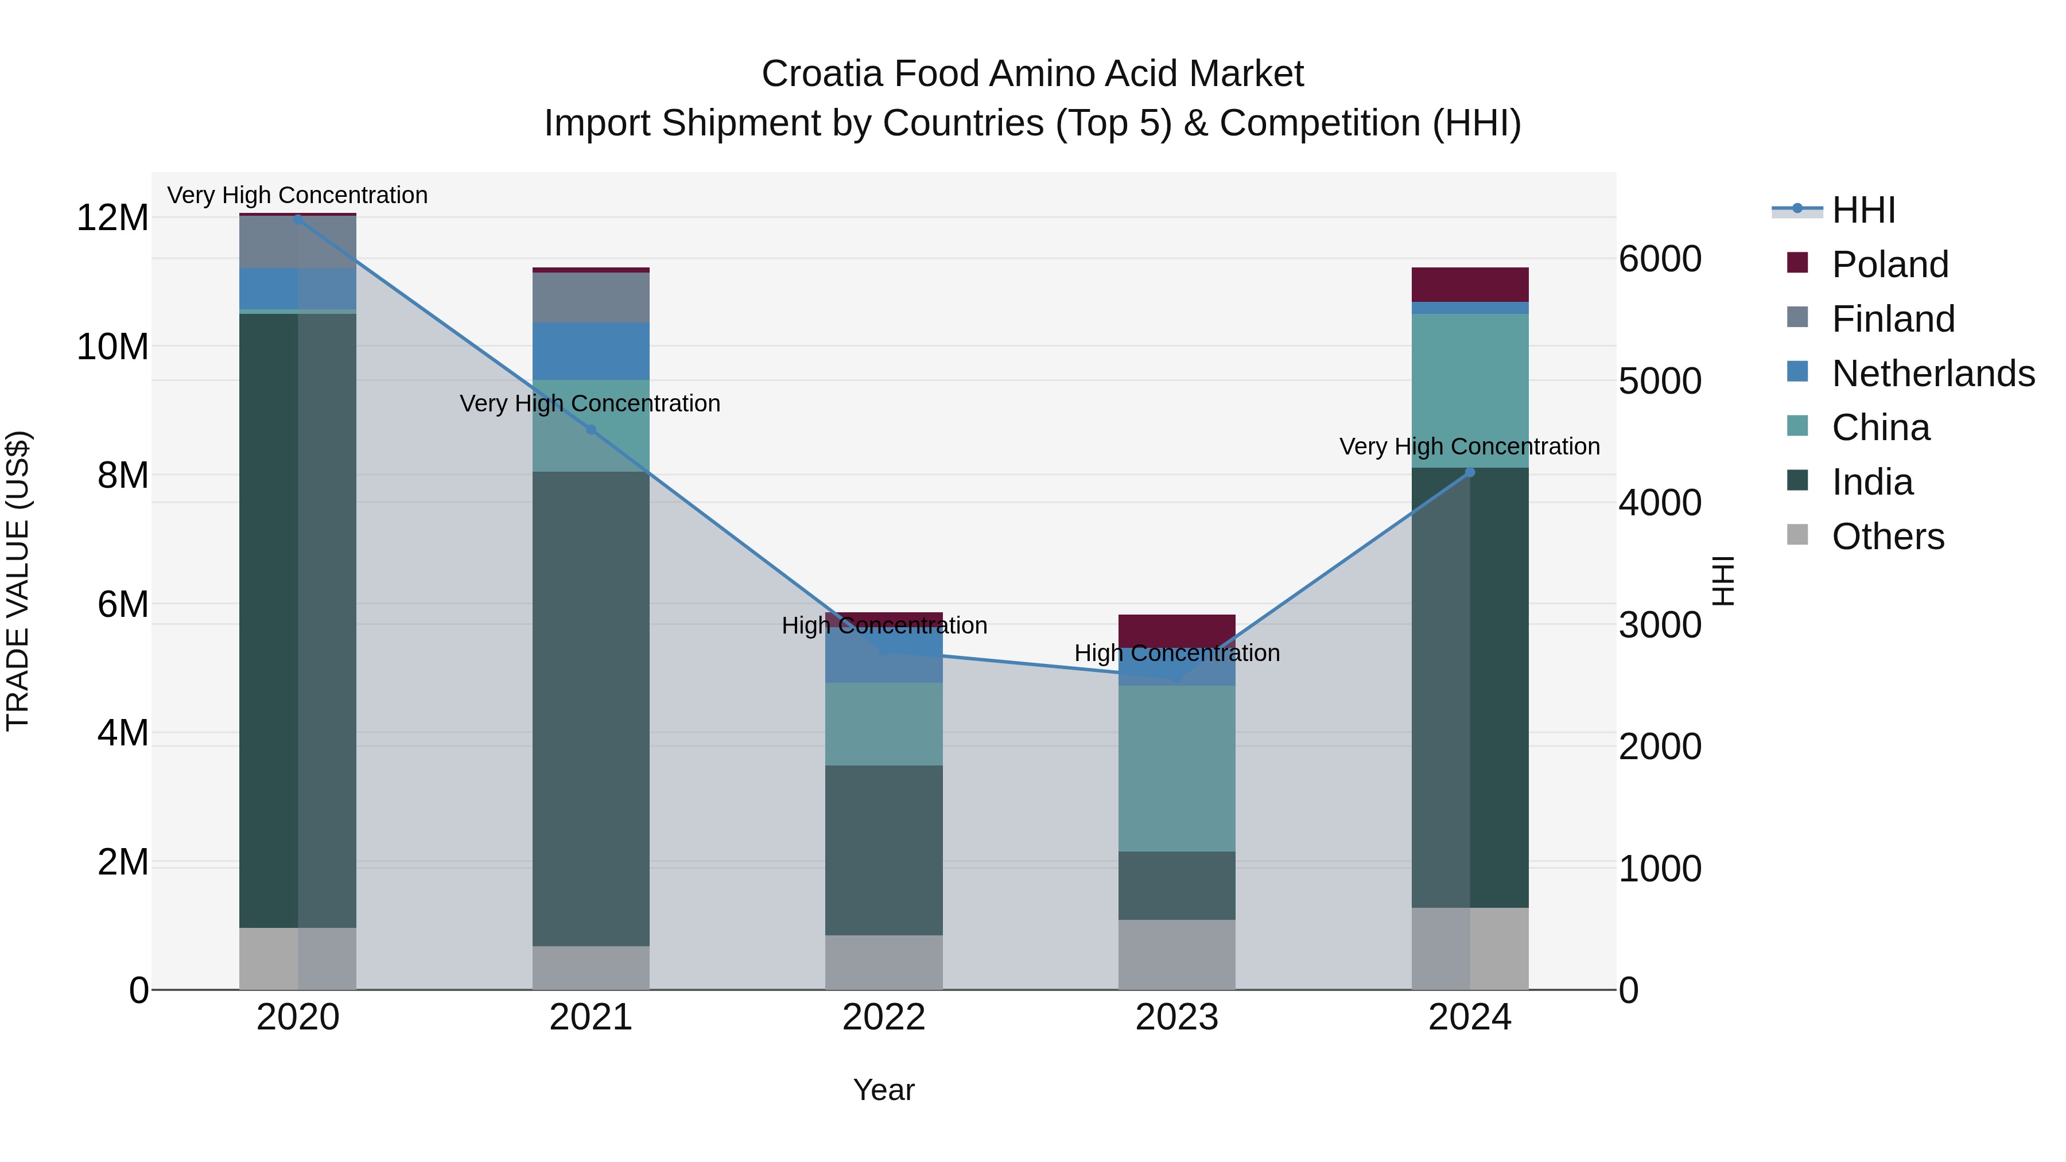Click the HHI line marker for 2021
coord(591,430)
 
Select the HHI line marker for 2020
coord(298,219)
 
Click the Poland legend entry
coord(1890,265)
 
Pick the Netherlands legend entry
coord(1933,374)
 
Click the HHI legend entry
coord(1863,210)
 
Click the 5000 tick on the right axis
coord(1659,381)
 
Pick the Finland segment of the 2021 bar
coord(591,297)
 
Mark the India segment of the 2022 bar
coord(884,850)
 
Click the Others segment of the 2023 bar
coord(1176,954)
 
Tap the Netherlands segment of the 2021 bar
coord(591,351)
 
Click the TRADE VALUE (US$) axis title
coord(18,581)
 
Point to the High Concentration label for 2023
coord(1176,654)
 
